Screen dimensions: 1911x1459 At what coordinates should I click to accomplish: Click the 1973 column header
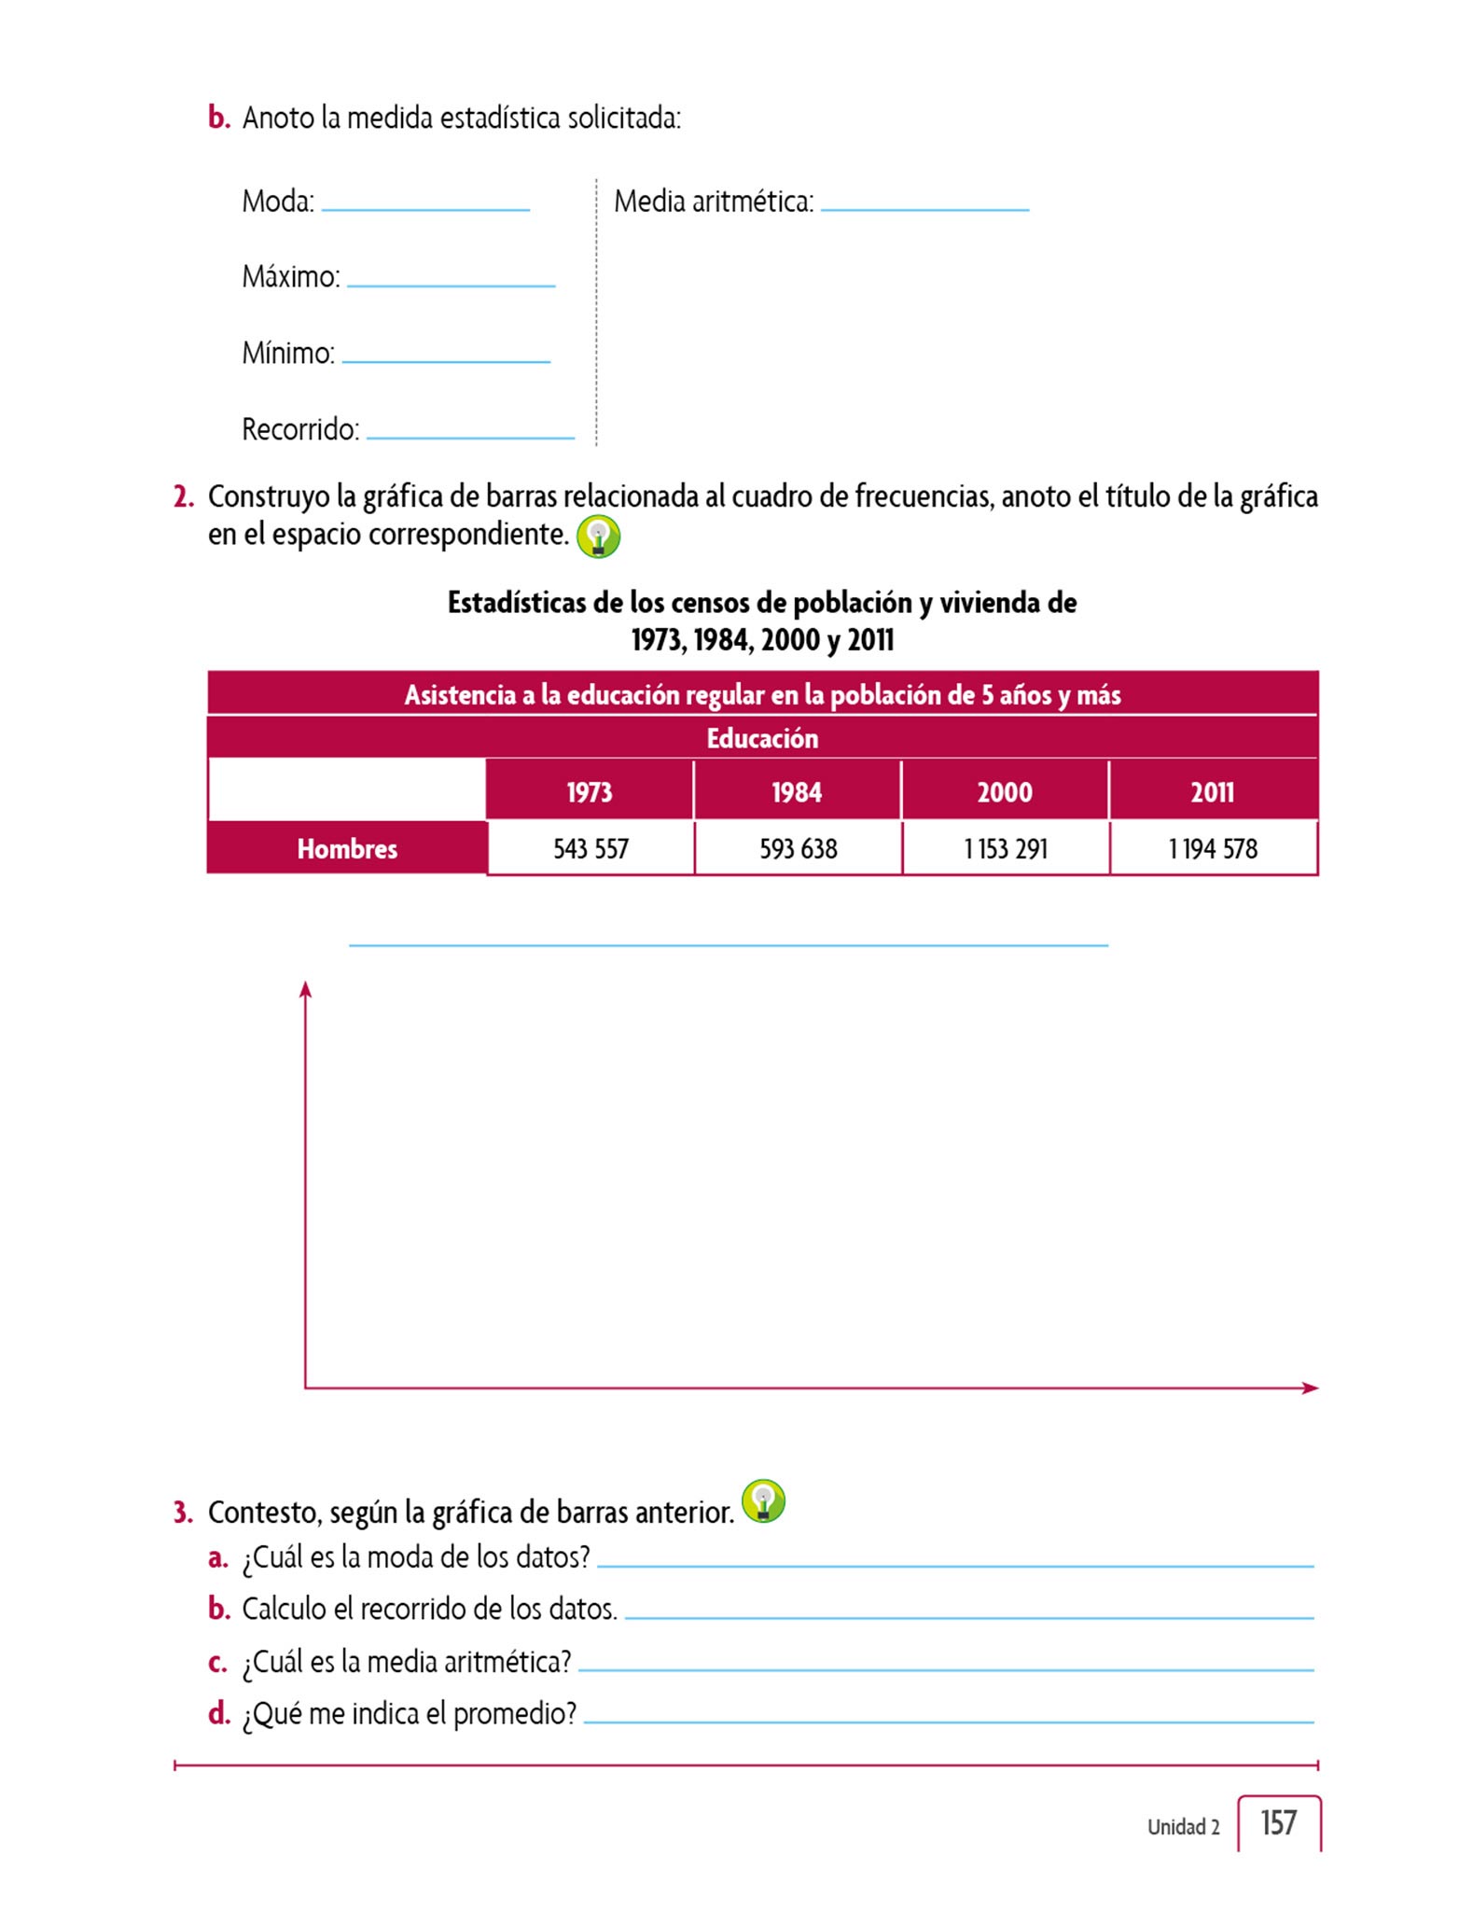pos(590,792)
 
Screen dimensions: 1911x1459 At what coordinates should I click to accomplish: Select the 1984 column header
pos(797,792)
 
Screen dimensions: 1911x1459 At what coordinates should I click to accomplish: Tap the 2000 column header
pos(1005,792)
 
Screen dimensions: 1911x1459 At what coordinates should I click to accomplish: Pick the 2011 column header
pos(1212,792)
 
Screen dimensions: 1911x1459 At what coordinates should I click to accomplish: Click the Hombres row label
pos(347,848)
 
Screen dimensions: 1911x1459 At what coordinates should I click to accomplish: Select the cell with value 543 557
pos(591,848)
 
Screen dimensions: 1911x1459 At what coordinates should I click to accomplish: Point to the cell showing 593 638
pos(799,848)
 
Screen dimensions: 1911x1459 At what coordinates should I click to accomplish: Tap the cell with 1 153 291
pos(1006,848)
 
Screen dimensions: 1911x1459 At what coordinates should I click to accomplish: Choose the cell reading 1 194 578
pos(1213,848)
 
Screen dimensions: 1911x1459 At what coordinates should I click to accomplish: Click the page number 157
pos(1278,1822)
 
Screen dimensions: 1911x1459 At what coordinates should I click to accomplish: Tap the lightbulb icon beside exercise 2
pos(598,537)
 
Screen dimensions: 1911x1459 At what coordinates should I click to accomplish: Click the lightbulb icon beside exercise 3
pos(763,1501)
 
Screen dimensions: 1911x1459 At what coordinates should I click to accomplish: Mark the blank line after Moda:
pos(425,207)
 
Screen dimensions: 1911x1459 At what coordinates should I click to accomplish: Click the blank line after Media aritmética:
pos(924,207)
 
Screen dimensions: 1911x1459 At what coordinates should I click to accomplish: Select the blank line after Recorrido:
pos(470,435)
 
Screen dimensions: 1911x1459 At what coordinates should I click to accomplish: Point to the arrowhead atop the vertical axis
pos(305,989)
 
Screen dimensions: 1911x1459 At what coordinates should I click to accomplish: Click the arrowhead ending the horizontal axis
pos(1311,1388)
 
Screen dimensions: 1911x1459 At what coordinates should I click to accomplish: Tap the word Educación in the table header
pos(762,738)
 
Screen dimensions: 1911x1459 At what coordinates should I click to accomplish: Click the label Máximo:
pos(291,277)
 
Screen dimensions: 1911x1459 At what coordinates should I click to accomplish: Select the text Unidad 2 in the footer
pos(1183,1827)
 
